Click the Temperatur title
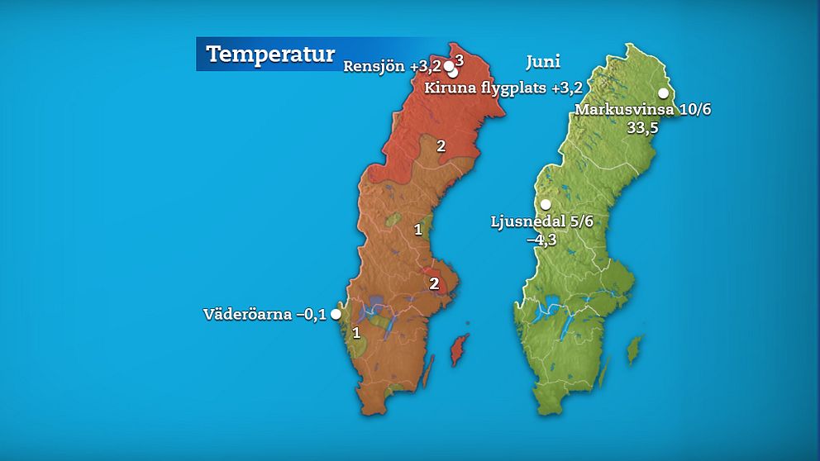pyautogui.click(x=269, y=55)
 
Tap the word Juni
pyautogui.click(x=543, y=62)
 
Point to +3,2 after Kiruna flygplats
pyautogui.click(x=568, y=87)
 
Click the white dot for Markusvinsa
pyautogui.click(x=663, y=93)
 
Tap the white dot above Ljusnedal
pyautogui.click(x=546, y=205)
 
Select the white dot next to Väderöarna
pyautogui.click(x=336, y=314)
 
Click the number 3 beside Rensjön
pyautogui.click(x=460, y=60)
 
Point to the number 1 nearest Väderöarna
pyautogui.click(x=356, y=333)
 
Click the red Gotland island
pyautogui.click(x=458, y=350)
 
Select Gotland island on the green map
pyautogui.click(x=634, y=350)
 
